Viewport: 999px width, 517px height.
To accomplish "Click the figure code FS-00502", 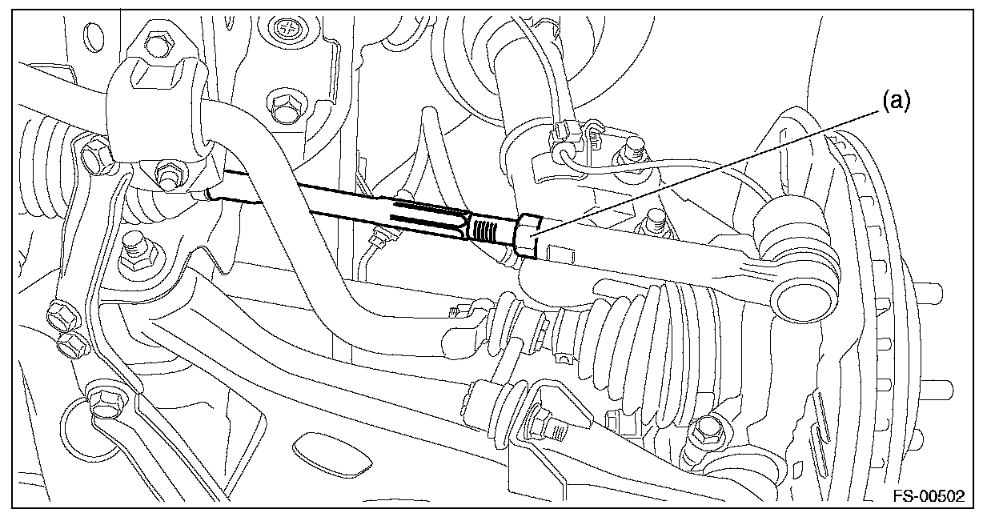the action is pos(929,495).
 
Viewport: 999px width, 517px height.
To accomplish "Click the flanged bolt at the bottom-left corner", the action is pos(102,399).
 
